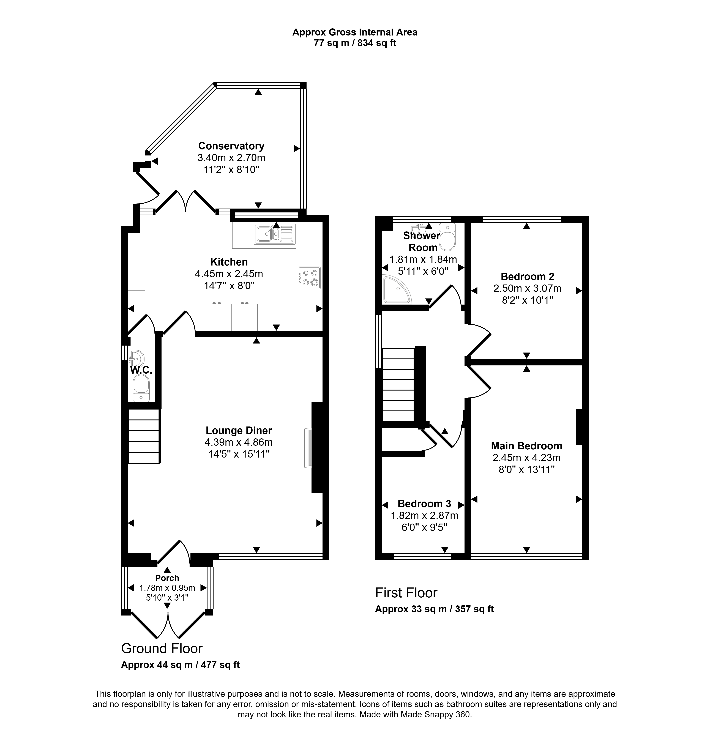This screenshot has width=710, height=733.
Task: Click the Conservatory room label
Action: point(231,146)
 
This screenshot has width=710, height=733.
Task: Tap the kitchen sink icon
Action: point(275,234)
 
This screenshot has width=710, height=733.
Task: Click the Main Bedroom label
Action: point(527,446)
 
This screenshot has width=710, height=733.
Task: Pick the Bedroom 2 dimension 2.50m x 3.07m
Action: point(528,288)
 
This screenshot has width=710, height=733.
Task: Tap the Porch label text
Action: point(167,578)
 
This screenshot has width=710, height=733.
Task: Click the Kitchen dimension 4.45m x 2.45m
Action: point(229,274)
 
